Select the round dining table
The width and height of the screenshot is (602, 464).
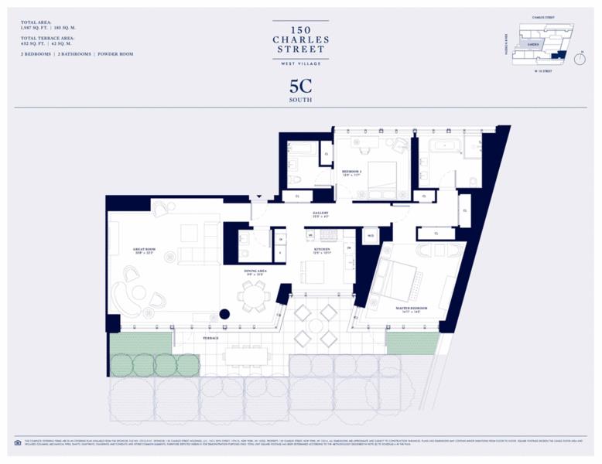coord(252,294)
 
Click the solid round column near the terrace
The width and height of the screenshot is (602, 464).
coord(224,314)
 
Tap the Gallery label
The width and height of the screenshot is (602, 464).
coord(320,214)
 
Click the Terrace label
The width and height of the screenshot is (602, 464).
coord(211,339)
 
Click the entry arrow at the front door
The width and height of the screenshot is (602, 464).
coord(260,198)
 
